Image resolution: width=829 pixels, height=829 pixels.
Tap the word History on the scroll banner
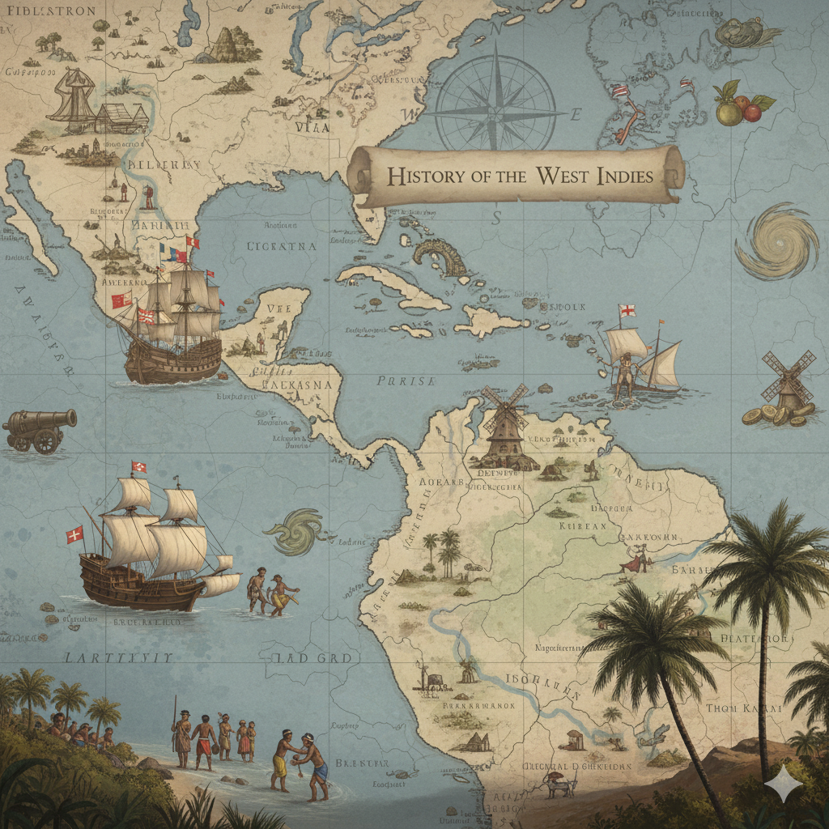418,176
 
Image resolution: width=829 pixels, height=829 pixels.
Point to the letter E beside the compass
576,114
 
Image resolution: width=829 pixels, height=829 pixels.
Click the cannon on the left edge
40,427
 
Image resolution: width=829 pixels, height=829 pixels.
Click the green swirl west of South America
296,530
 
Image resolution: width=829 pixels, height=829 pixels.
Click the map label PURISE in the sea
405,380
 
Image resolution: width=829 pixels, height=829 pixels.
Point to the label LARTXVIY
119,657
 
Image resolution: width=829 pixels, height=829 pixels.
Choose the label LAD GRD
312,657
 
